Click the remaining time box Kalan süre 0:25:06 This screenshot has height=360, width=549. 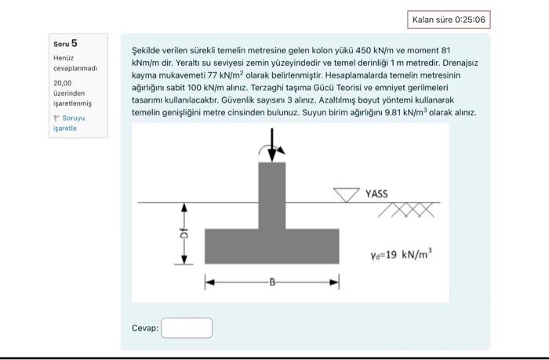coord(450,20)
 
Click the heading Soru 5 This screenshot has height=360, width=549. coord(65,43)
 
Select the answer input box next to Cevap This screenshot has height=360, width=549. coord(187,327)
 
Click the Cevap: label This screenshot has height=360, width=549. coord(145,327)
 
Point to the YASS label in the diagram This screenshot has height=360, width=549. coord(376,192)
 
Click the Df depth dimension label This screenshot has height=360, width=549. coord(184,234)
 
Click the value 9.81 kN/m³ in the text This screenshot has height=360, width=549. coord(420,113)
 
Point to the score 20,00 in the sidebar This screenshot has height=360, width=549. coord(62,82)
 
